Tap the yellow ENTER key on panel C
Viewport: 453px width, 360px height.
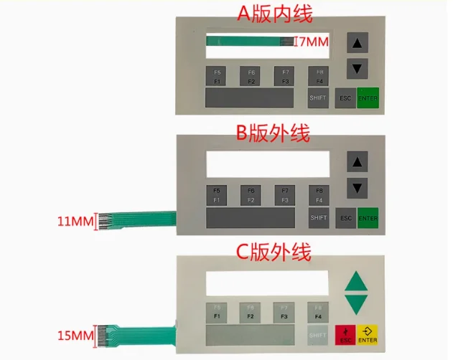pyautogui.click(x=368, y=333)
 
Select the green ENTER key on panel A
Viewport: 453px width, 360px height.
pyautogui.click(x=368, y=98)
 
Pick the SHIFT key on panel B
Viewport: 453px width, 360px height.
pyautogui.click(x=318, y=217)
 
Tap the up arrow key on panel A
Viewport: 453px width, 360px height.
pyautogui.click(x=357, y=44)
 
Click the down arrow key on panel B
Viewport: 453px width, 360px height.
pyautogui.click(x=357, y=188)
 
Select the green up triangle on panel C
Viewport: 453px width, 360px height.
pyautogui.click(x=358, y=280)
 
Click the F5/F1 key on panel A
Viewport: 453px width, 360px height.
pyautogui.click(x=215, y=76)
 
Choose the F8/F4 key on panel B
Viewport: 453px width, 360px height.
pyautogui.click(x=319, y=194)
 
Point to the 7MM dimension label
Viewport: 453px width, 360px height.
pyautogui.click(x=312, y=42)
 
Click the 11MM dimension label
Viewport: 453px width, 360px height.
pyautogui.click(x=75, y=222)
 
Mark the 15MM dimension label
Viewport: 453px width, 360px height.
pyautogui.click(x=75, y=336)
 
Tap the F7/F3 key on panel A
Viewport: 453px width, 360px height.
pyautogui.click(x=284, y=76)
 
